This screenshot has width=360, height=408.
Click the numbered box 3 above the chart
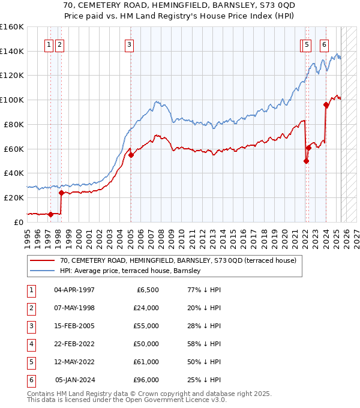point(130,44)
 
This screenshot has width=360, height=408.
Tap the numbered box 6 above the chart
point(324,44)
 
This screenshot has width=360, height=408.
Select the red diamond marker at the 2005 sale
point(130,155)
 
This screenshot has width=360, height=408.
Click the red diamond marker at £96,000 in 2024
point(326,104)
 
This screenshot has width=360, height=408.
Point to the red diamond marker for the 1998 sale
point(61,193)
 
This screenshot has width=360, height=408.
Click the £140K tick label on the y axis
point(12,51)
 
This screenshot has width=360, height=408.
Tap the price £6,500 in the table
point(148,290)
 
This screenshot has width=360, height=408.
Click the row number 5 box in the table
point(31,362)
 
